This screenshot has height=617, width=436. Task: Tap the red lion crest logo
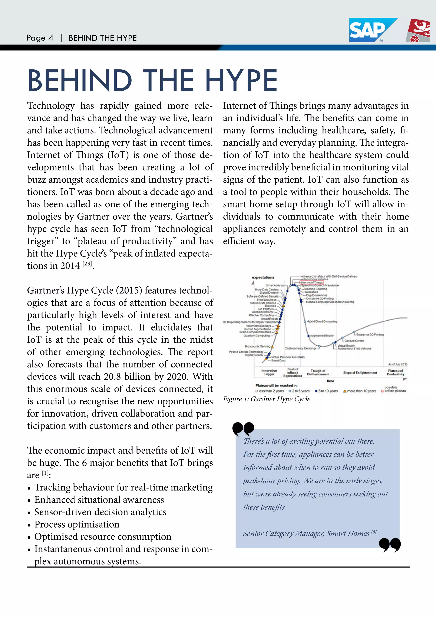tap(419, 30)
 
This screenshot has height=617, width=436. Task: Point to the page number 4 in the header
tap(50, 38)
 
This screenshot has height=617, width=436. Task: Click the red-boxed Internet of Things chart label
tap(312, 283)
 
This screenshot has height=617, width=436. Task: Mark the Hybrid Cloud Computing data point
tap(305, 321)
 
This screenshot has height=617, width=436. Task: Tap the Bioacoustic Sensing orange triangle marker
tap(272, 347)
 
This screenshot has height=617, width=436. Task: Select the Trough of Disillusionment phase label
tap(318, 372)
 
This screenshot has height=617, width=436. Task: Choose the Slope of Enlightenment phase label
tap(360, 373)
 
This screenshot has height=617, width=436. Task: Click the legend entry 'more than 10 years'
tap(360, 391)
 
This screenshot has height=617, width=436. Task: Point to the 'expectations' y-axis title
tap(263, 277)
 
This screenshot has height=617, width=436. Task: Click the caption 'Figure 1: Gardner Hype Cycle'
tap(266, 399)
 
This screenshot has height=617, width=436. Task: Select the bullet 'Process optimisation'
tap(77, 524)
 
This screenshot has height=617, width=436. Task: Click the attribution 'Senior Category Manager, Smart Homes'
tap(306, 533)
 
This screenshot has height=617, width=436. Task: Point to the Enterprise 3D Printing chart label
tap(370, 334)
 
